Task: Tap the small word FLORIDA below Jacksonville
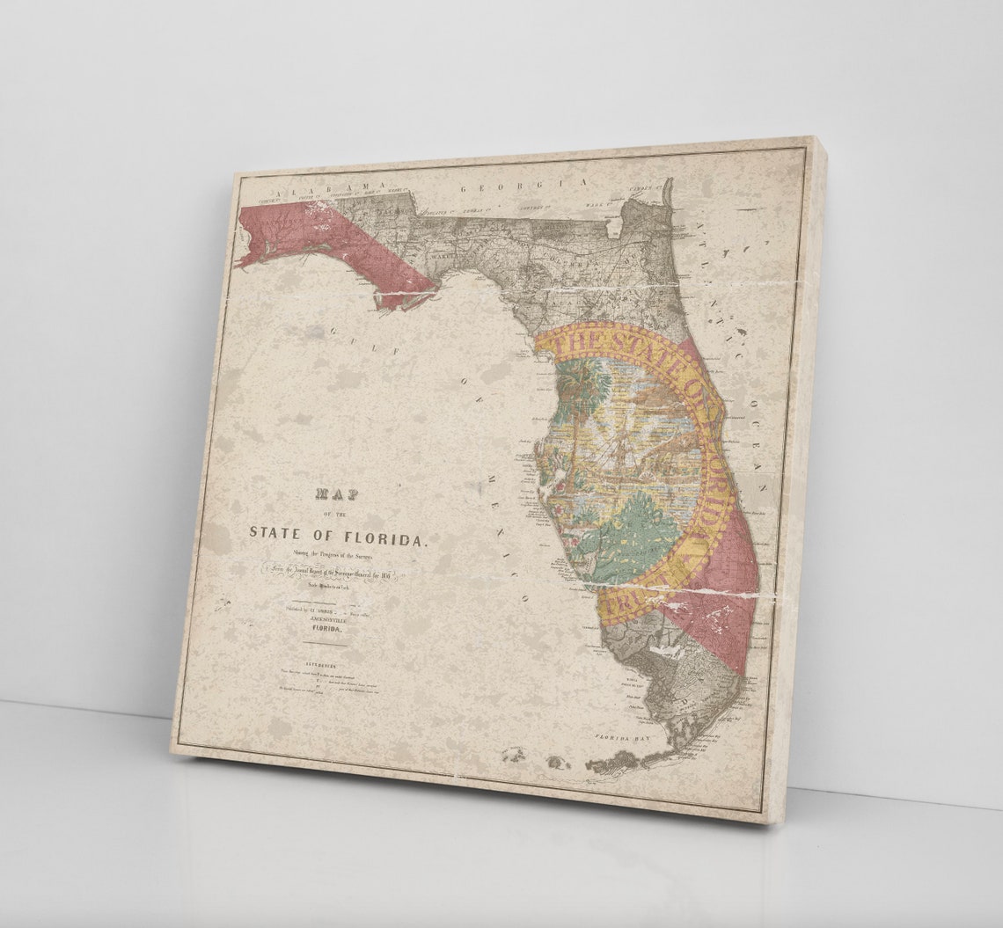click(324, 629)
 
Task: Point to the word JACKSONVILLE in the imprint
click(325, 618)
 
